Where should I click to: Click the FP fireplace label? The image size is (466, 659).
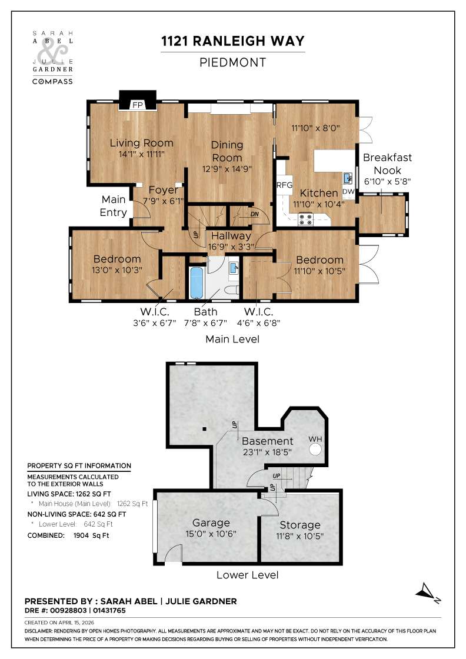[138, 105]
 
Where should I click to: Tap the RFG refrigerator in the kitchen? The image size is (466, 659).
[285, 185]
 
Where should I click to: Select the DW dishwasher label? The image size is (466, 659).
[348, 192]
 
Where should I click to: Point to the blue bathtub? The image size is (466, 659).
[195, 284]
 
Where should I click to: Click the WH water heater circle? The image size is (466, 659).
[315, 450]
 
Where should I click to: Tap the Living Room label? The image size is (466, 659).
[142, 143]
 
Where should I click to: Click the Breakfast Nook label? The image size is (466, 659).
[387, 164]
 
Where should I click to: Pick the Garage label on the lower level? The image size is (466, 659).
[211, 522]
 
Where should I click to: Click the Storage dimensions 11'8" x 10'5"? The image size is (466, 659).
[299, 536]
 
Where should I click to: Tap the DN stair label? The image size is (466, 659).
[255, 214]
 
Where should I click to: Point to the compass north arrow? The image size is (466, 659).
[428, 591]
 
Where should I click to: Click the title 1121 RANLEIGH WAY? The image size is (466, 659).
[233, 41]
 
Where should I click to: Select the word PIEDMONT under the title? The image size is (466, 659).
[233, 62]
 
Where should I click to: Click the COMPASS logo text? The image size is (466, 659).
[52, 81]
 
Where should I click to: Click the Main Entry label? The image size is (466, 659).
[114, 206]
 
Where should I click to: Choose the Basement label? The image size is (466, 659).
[267, 441]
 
